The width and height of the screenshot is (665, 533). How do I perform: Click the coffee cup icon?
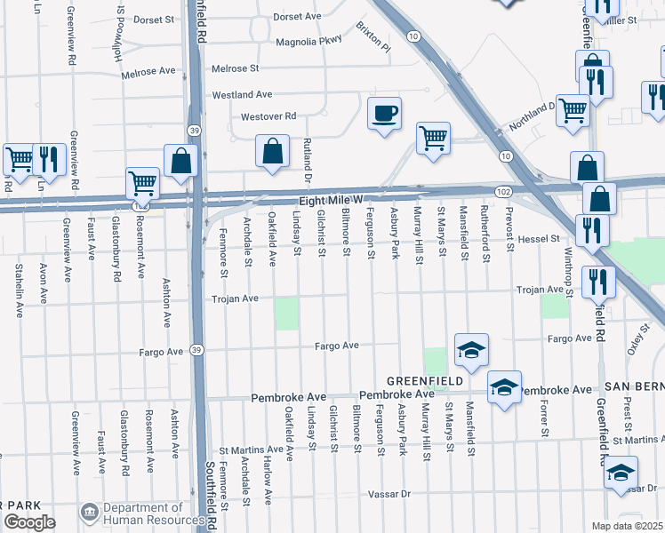click(x=384, y=114)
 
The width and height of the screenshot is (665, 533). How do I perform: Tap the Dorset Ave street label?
click(x=297, y=17)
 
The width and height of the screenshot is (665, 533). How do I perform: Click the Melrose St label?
click(x=235, y=68)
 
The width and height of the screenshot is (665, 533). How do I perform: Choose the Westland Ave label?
click(x=242, y=94)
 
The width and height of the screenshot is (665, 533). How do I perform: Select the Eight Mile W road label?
click(x=332, y=202)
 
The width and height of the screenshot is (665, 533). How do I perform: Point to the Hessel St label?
click(x=539, y=239)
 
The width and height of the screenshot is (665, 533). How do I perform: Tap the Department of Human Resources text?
click(x=154, y=513)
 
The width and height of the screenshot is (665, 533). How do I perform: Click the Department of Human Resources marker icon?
click(x=89, y=513)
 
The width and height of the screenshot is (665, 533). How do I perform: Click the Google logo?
click(x=29, y=522)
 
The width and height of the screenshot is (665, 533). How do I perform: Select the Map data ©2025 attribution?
click(x=627, y=526)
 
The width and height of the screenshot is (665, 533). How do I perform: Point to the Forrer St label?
click(x=542, y=416)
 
